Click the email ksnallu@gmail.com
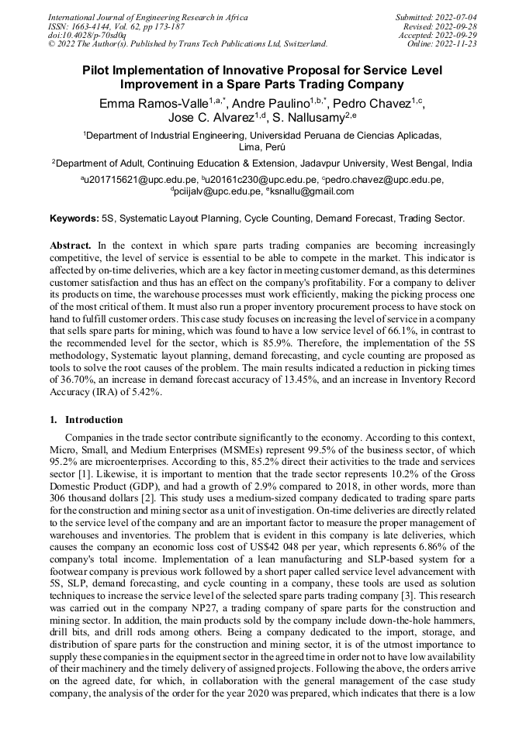tap(312, 191)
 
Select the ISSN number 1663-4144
tap(95, 26)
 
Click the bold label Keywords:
tap(74, 219)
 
